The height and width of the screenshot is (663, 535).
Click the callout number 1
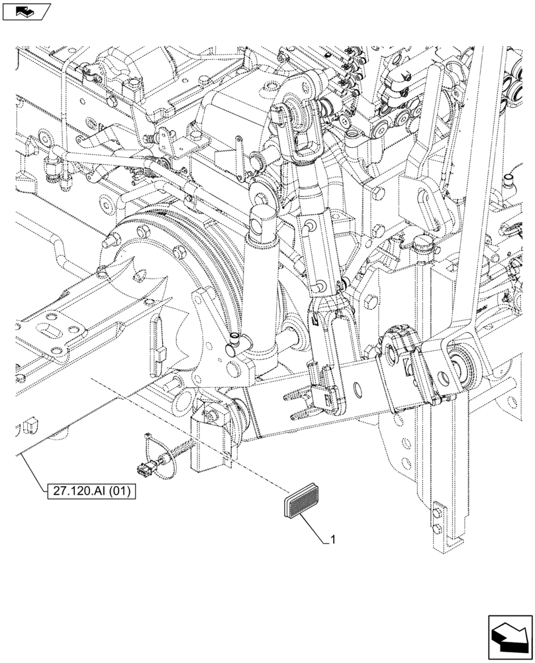click(x=333, y=540)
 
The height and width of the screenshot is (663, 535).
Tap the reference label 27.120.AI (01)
click(x=91, y=492)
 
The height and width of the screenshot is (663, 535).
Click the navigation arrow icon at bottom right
click(x=509, y=636)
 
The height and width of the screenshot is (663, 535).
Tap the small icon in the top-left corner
click(x=26, y=11)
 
